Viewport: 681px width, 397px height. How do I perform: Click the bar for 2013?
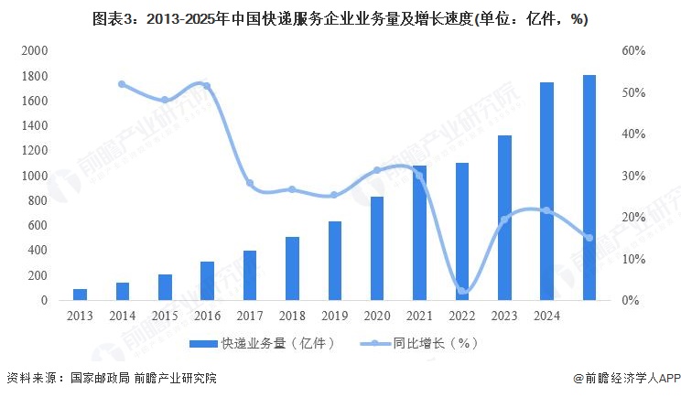click(81, 294)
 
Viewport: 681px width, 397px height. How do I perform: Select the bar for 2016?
click(208, 281)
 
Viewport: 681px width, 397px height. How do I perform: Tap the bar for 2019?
click(335, 261)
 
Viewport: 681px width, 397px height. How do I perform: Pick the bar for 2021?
click(420, 232)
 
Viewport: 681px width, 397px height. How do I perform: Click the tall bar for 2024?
click(546, 191)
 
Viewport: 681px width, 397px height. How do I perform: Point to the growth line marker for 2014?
click(123, 84)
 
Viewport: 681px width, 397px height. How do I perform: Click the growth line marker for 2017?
click(250, 183)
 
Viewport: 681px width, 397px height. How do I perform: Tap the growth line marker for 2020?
click(377, 170)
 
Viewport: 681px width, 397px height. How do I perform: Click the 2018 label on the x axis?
click(292, 315)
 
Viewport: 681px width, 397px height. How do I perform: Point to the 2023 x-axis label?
click(504, 315)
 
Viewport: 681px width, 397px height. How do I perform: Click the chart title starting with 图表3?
click(340, 18)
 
